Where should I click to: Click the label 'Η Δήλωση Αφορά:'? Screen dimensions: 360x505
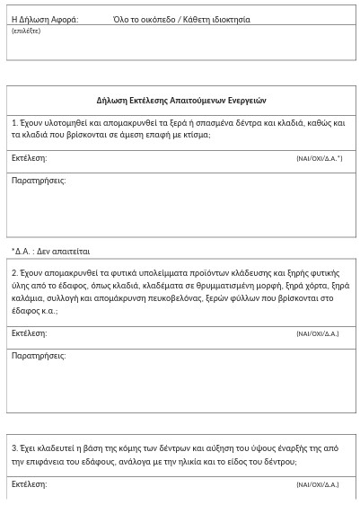(45, 20)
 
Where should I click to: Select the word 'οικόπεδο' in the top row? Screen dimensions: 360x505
(154, 20)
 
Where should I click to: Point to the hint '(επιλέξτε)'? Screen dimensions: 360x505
(26, 31)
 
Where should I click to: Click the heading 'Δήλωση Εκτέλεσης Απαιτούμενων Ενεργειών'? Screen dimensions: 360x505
(181, 101)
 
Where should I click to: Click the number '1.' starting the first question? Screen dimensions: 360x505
(15, 123)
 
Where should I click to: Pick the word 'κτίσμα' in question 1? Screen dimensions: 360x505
(195, 135)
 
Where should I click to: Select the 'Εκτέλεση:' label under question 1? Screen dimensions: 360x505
(29, 158)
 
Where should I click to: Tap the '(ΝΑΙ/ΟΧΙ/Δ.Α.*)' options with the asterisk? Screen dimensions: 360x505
(319, 159)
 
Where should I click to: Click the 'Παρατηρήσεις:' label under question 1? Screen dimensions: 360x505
(39, 181)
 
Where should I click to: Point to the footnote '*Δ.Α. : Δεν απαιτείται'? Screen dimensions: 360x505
(50, 252)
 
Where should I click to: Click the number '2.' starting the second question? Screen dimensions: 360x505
(15, 272)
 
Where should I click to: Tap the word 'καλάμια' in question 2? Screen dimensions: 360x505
(28, 298)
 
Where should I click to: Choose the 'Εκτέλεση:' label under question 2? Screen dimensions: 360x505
(29, 333)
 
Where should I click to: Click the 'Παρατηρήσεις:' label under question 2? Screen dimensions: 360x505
(39, 356)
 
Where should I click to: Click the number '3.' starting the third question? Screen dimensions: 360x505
(15, 448)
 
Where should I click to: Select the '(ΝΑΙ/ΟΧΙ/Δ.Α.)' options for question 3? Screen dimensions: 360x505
(317, 485)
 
